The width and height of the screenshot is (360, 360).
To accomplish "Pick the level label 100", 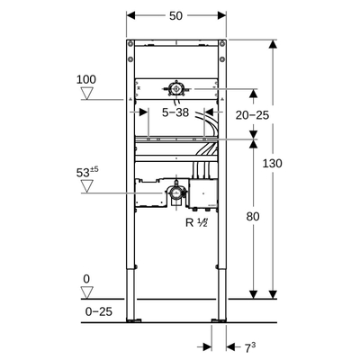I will tap(86, 80).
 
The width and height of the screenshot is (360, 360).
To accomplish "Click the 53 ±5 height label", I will tap(86, 169).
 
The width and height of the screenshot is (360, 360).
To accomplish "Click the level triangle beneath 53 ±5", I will tap(86, 186).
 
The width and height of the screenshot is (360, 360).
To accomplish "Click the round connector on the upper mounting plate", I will tap(176, 88).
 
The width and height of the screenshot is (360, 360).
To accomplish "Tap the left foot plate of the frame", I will tap(135, 319).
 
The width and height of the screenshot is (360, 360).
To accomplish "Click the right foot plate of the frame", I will tap(217, 319).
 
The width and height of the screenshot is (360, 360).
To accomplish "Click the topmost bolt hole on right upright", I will tap(217, 44).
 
